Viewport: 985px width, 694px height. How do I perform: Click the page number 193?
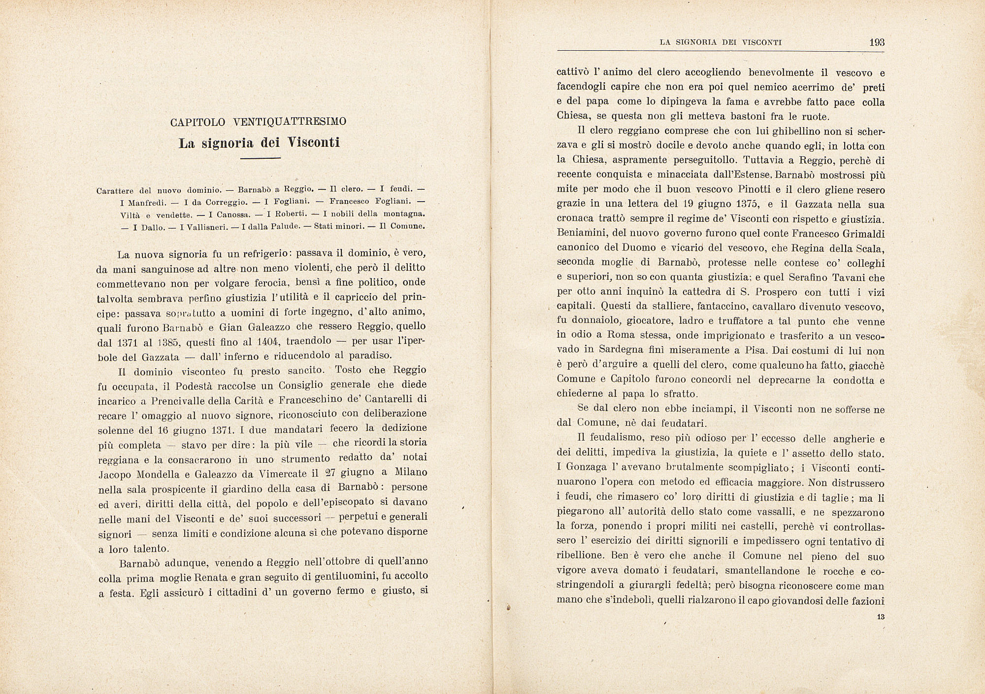(877, 42)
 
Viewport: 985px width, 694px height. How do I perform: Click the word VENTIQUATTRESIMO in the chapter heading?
(290, 122)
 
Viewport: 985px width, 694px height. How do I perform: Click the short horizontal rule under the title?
(260, 158)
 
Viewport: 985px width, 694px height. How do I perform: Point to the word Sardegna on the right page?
(621, 350)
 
